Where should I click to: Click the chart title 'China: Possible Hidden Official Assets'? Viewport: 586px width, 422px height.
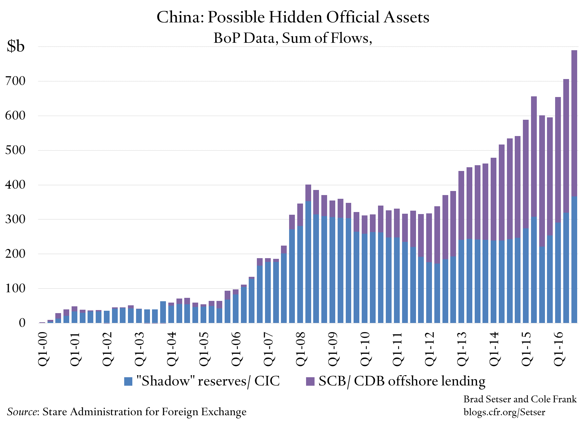tap(293, 17)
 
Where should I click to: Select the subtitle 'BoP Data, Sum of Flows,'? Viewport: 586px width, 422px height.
tap(293, 38)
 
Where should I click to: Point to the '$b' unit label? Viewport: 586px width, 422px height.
tap(16, 46)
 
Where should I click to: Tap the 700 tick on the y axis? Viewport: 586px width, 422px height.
tap(15, 81)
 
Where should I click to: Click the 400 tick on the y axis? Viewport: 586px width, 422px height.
tap(15, 185)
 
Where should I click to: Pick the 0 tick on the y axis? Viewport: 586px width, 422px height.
tap(22, 323)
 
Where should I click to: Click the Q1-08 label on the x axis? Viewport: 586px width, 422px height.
tap(301, 349)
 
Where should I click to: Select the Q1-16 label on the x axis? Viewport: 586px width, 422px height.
tap(559, 349)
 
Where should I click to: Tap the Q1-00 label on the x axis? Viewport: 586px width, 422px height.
tap(42, 349)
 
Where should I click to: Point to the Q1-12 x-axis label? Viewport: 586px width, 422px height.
tap(430, 349)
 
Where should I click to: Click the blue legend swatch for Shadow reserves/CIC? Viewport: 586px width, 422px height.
tap(128, 381)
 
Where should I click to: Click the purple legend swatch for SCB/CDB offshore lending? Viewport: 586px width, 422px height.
tap(310, 381)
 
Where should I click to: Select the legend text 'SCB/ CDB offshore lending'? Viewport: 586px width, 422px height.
tap(402, 381)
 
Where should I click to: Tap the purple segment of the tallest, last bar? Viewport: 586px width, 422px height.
tap(574, 122)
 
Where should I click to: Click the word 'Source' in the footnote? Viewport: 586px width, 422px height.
tap(22, 412)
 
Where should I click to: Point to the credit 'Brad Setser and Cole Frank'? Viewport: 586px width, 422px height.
tap(520, 399)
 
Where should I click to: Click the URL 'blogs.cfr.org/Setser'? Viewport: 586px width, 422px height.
tap(504, 412)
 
